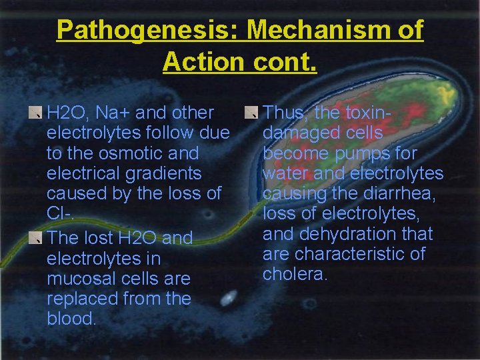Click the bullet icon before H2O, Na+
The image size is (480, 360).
[40, 113]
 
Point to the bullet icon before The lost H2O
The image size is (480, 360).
[40, 238]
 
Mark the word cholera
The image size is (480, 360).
[295, 274]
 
